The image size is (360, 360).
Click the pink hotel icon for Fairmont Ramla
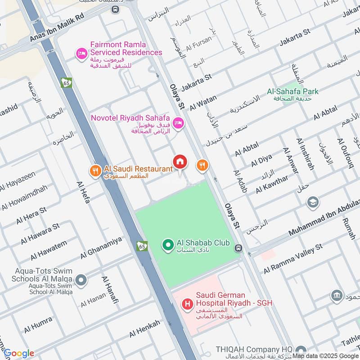tap(81, 54)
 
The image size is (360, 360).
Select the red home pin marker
tap(180, 162)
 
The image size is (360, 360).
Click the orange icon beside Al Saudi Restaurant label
tap(95, 170)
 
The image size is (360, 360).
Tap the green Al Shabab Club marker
tap(168, 245)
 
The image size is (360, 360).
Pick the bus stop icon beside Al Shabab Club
tap(238, 248)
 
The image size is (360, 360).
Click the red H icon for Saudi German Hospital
tap(187, 305)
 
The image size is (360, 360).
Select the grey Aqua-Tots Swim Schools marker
tap(81, 281)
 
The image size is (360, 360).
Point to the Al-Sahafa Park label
tap(292, 91)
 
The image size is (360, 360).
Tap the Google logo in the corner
tap(19, 353)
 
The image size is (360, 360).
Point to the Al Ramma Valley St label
tap(293, 259)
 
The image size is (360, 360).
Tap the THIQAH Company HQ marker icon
tap(301, 350)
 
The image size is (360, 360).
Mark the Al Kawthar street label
tap(272, 185)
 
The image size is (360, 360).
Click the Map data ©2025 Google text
tap(325, 355)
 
